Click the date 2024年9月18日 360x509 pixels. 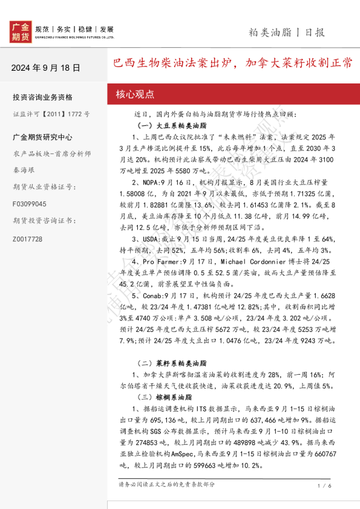[45, 68]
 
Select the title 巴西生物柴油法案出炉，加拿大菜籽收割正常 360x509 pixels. [234, 63]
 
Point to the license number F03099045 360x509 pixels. [29, 204]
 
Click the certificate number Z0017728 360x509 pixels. [27, 239]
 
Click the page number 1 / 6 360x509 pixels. [323, 485]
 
